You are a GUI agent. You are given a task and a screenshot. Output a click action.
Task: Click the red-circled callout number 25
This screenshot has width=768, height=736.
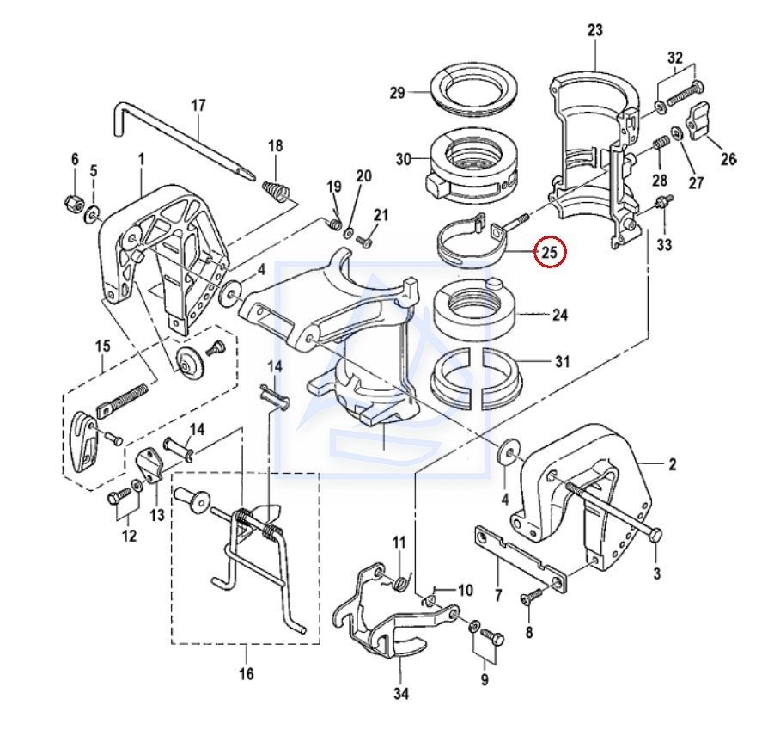pyautogui.click(x=550, y=253)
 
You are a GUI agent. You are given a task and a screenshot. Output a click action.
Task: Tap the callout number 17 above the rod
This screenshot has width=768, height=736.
pyautogui.click(x=198, y=107)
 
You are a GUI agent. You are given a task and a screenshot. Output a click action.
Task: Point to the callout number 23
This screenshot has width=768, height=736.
pyautogui.click(x=595, y=31)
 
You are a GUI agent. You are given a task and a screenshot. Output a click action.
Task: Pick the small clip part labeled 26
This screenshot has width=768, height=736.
pyautogui.click(x=703, y=118)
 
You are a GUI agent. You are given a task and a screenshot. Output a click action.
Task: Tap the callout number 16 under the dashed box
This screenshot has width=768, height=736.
pyautogui.click(x=247, y=674)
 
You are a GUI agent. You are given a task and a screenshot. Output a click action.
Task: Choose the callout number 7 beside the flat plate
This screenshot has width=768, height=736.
pyautogui.click(x=499, y=595)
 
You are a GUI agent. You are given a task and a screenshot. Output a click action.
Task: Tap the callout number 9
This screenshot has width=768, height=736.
pyautogui.click(x=485, y=681)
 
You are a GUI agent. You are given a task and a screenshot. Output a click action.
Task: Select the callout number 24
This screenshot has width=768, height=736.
pyautogui.click(x=560, y=316)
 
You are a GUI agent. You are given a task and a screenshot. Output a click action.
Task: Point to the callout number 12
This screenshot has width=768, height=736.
pyautogui.click(x=129, y=537)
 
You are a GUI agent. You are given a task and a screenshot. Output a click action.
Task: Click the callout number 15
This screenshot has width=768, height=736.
pyautogui.click(x=103, y=347)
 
